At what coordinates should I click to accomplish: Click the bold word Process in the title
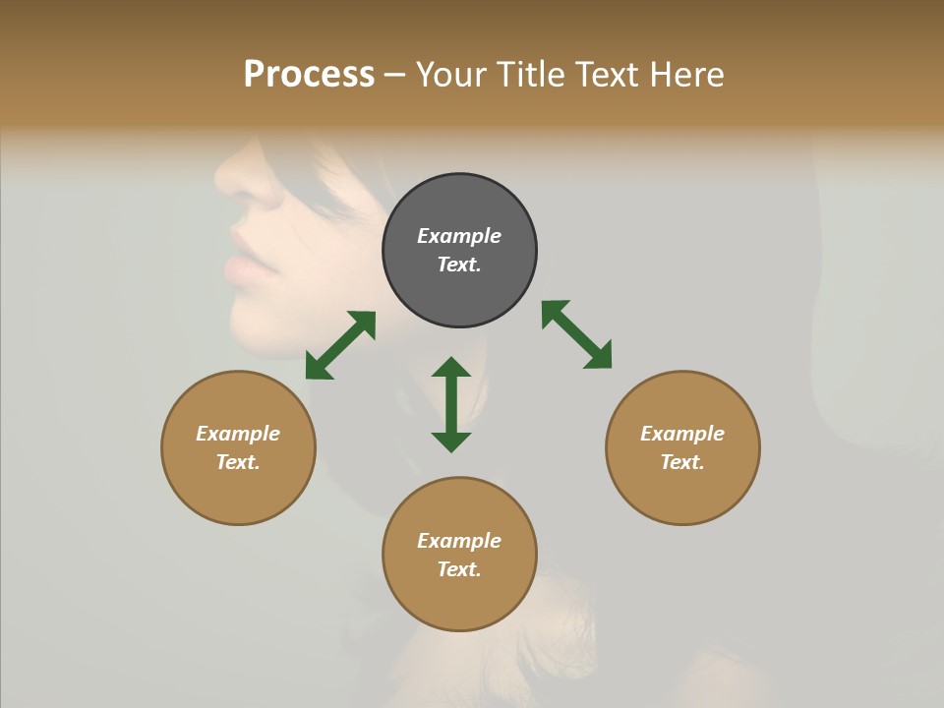(x=309, y=75)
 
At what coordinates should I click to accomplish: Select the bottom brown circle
(x=459, y=600)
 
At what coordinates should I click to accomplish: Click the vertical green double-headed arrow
(x=451, y=404)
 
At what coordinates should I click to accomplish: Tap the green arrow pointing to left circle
(x=340, y=345)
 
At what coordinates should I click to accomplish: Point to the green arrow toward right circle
(x=576, y=334)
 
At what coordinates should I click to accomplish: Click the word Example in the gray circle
(x=459, y=236)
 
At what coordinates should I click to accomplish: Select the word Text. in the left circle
(x=238, y=462)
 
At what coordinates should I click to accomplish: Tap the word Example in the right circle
(x=682, y=434)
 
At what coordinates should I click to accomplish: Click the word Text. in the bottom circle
(x=459, y=569)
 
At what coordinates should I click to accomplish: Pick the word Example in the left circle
(x=238, y=434)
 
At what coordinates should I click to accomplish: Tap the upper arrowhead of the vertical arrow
(x=451, y=368)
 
